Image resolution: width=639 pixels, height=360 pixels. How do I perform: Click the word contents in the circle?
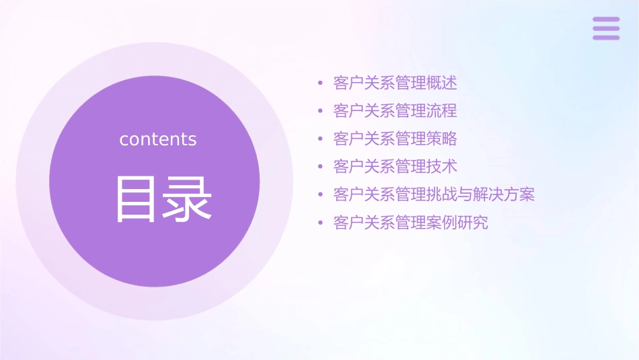coord(158,139)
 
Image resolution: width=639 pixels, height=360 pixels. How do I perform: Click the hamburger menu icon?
coord(605,28)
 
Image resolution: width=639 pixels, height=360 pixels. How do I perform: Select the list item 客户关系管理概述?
coord(395,83)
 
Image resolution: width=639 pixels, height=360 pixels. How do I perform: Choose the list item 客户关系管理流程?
coord(395,111)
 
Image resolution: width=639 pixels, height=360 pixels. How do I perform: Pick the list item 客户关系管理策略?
coord(395,139)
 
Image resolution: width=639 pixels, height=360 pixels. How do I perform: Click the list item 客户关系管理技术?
coord(395,167)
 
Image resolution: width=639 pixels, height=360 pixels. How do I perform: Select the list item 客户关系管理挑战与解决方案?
coord(434,195)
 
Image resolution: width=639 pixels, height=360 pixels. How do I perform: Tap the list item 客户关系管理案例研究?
coord(410,223)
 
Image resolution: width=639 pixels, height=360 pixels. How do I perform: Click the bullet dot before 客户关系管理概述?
coord(321,84)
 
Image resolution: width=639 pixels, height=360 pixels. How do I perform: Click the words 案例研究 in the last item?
coord(457,223)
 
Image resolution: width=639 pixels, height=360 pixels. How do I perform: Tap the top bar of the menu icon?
coord(605,20)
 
